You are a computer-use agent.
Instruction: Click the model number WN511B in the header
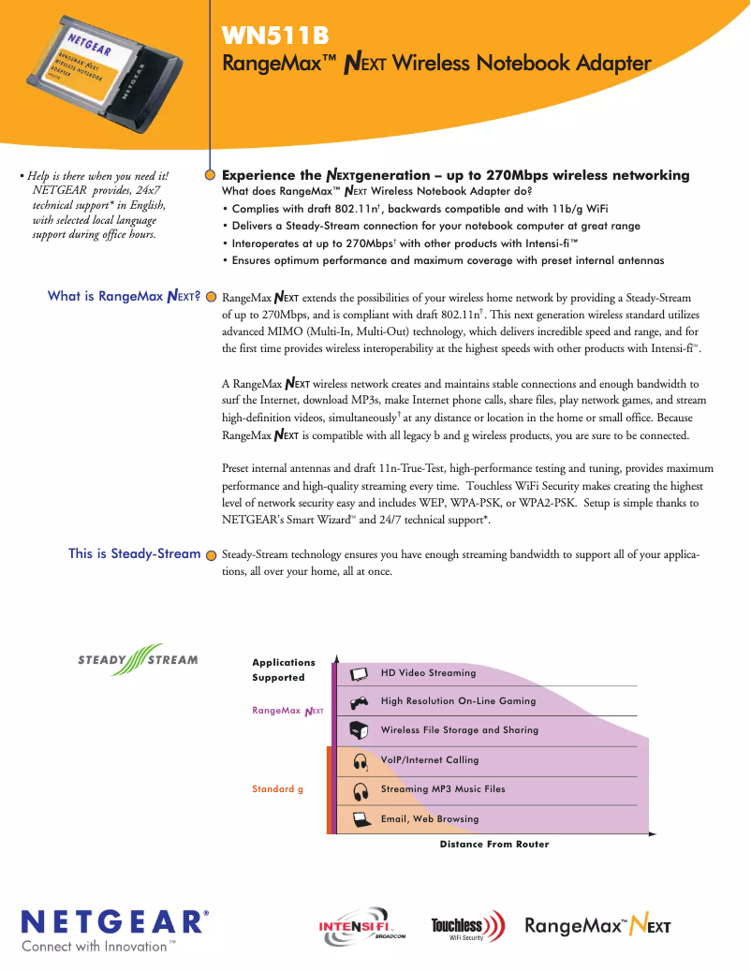tap(275, 37)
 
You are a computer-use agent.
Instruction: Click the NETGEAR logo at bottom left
tap(115, 921)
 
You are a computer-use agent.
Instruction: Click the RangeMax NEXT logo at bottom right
tap(597, 927)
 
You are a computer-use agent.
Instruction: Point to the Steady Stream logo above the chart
tap(138, 659)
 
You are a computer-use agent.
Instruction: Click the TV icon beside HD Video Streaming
tap(359, 673)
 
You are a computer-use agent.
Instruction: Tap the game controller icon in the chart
tap(359, 701)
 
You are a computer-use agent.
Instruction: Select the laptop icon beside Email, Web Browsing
tap(359, 819)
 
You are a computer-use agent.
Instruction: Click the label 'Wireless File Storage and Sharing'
tap(459, 730)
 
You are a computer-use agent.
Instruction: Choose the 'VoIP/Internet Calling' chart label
tap(429, 760)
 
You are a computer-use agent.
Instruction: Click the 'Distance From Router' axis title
tap(494, 845)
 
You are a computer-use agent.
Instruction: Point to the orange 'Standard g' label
tap(277, 789)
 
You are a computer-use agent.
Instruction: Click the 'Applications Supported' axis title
tap(283, 669)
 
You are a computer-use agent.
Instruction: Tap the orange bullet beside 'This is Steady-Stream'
tap(212, 553)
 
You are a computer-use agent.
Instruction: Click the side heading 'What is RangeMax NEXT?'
tap(125, 297)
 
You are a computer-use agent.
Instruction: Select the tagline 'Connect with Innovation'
tap(98, 947)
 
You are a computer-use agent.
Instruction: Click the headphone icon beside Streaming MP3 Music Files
tap(359, 790)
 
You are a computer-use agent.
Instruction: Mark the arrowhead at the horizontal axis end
tap(656, 832)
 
